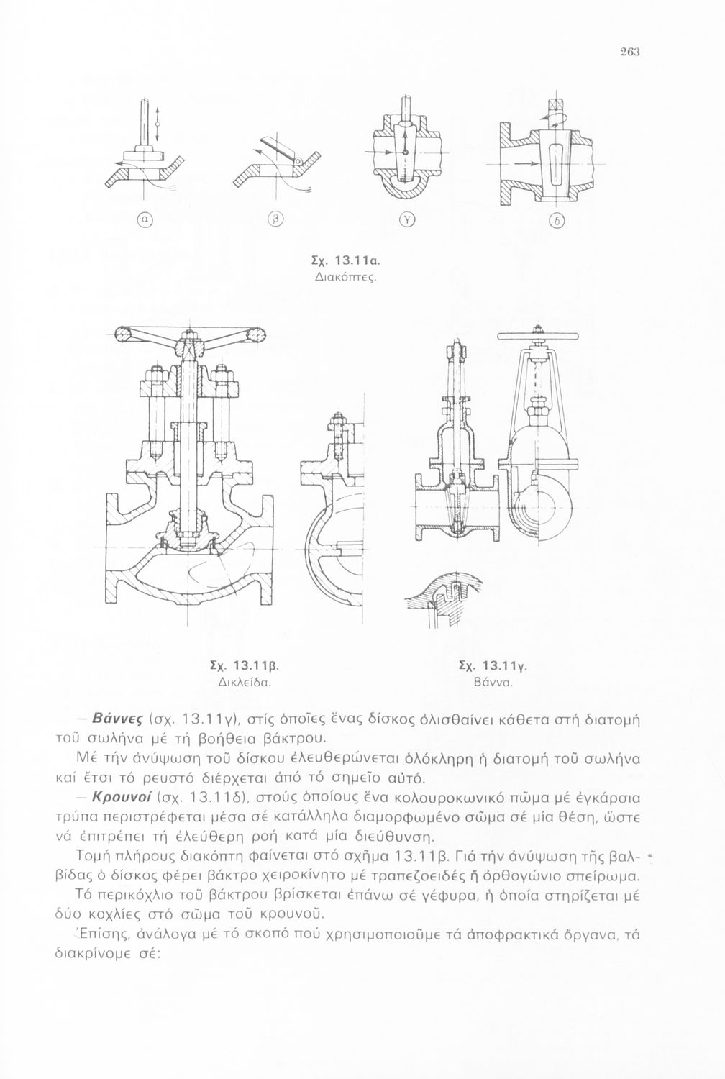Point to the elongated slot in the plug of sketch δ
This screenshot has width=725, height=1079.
coord(557,165)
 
